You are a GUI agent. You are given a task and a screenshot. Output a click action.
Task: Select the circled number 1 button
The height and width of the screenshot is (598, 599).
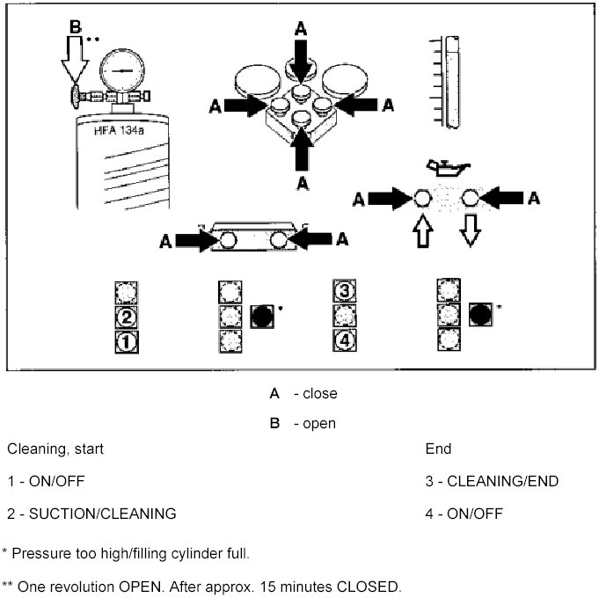[x=126, y=341]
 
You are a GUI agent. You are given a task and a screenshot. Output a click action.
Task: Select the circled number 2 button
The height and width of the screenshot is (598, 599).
[x=126, y=317]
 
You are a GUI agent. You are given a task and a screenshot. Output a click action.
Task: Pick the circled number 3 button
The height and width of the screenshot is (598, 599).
[x=345, y=291]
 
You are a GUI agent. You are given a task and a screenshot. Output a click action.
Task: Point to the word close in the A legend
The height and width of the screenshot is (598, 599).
[x=319, y=394]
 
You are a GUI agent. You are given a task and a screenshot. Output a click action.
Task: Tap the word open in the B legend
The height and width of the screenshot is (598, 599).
[x=319, y=424]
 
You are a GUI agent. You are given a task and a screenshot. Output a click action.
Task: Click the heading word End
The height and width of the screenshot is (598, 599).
[x=438, y=449]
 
